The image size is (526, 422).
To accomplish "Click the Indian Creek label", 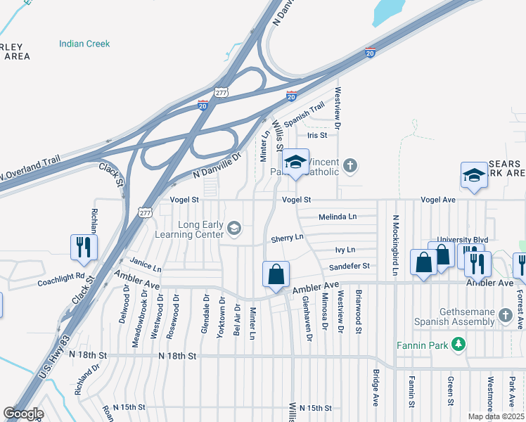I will click(x=84, y=44).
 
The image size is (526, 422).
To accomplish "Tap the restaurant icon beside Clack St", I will click(x=83, y=247).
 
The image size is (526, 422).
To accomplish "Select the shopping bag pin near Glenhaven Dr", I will click(x=276, y=274).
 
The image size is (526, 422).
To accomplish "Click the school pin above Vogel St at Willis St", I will click(x=296, y=163).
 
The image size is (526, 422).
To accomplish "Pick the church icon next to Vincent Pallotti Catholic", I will click(x=350, y=166).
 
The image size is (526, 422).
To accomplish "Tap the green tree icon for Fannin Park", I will click(x=458, y=344).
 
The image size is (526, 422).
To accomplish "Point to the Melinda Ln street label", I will click(x=338, y=217).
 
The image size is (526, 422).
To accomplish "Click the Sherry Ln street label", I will click(x=287, y=238).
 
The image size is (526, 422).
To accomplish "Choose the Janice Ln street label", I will click(x=146, y=268).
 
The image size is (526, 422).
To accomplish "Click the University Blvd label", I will click(x=462, y=240).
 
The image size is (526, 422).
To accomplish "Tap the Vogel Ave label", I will click(x=438, y=200).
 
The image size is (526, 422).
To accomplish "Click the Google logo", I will click(x=24, y=414).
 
